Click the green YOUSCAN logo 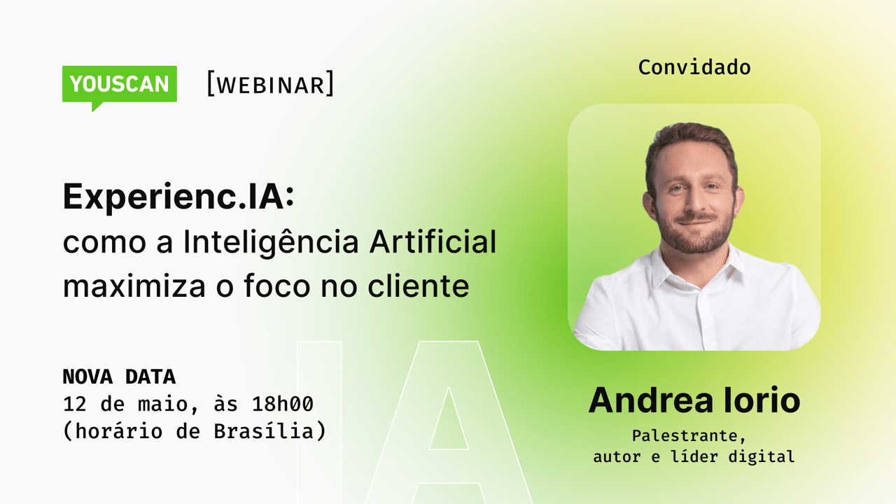120,85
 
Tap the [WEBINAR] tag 270,84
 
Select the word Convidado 694,67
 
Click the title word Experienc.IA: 178,197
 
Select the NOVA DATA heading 119,377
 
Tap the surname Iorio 764,400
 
